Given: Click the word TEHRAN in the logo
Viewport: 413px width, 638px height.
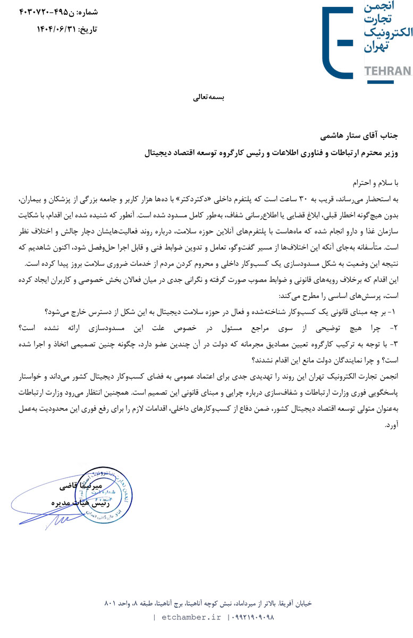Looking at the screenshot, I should tap(388, 71).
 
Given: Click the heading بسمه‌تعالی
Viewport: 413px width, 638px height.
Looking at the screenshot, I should tap(208, 98).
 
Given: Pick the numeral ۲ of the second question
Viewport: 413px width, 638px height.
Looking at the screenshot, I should tap(400, 327).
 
